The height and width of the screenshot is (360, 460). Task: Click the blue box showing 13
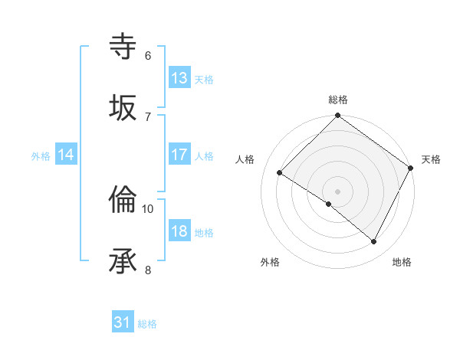(179, 78)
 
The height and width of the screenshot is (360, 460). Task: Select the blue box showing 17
(179, 155)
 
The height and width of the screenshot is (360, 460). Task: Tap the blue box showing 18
(179, 231)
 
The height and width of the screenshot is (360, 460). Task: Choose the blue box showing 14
(66, 155)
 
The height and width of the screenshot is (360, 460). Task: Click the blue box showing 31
(123, 323)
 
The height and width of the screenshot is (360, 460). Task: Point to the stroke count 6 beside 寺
(148, 55)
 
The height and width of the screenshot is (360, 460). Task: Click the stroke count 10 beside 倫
(148, 208)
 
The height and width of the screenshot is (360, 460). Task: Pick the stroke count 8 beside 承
(148, 269)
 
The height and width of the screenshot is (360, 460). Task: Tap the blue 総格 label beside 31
(147, 325)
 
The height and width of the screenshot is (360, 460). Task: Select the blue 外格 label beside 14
(41, 156)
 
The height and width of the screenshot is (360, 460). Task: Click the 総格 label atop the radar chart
(338, 100)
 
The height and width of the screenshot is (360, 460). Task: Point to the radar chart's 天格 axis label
(431, 159)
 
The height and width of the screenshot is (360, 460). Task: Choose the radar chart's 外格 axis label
(270, 263)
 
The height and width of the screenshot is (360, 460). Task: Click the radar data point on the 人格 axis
(280, 172)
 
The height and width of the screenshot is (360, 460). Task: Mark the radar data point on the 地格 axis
(374, 242)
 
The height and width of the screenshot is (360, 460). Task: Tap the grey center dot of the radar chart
(338, 191)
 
